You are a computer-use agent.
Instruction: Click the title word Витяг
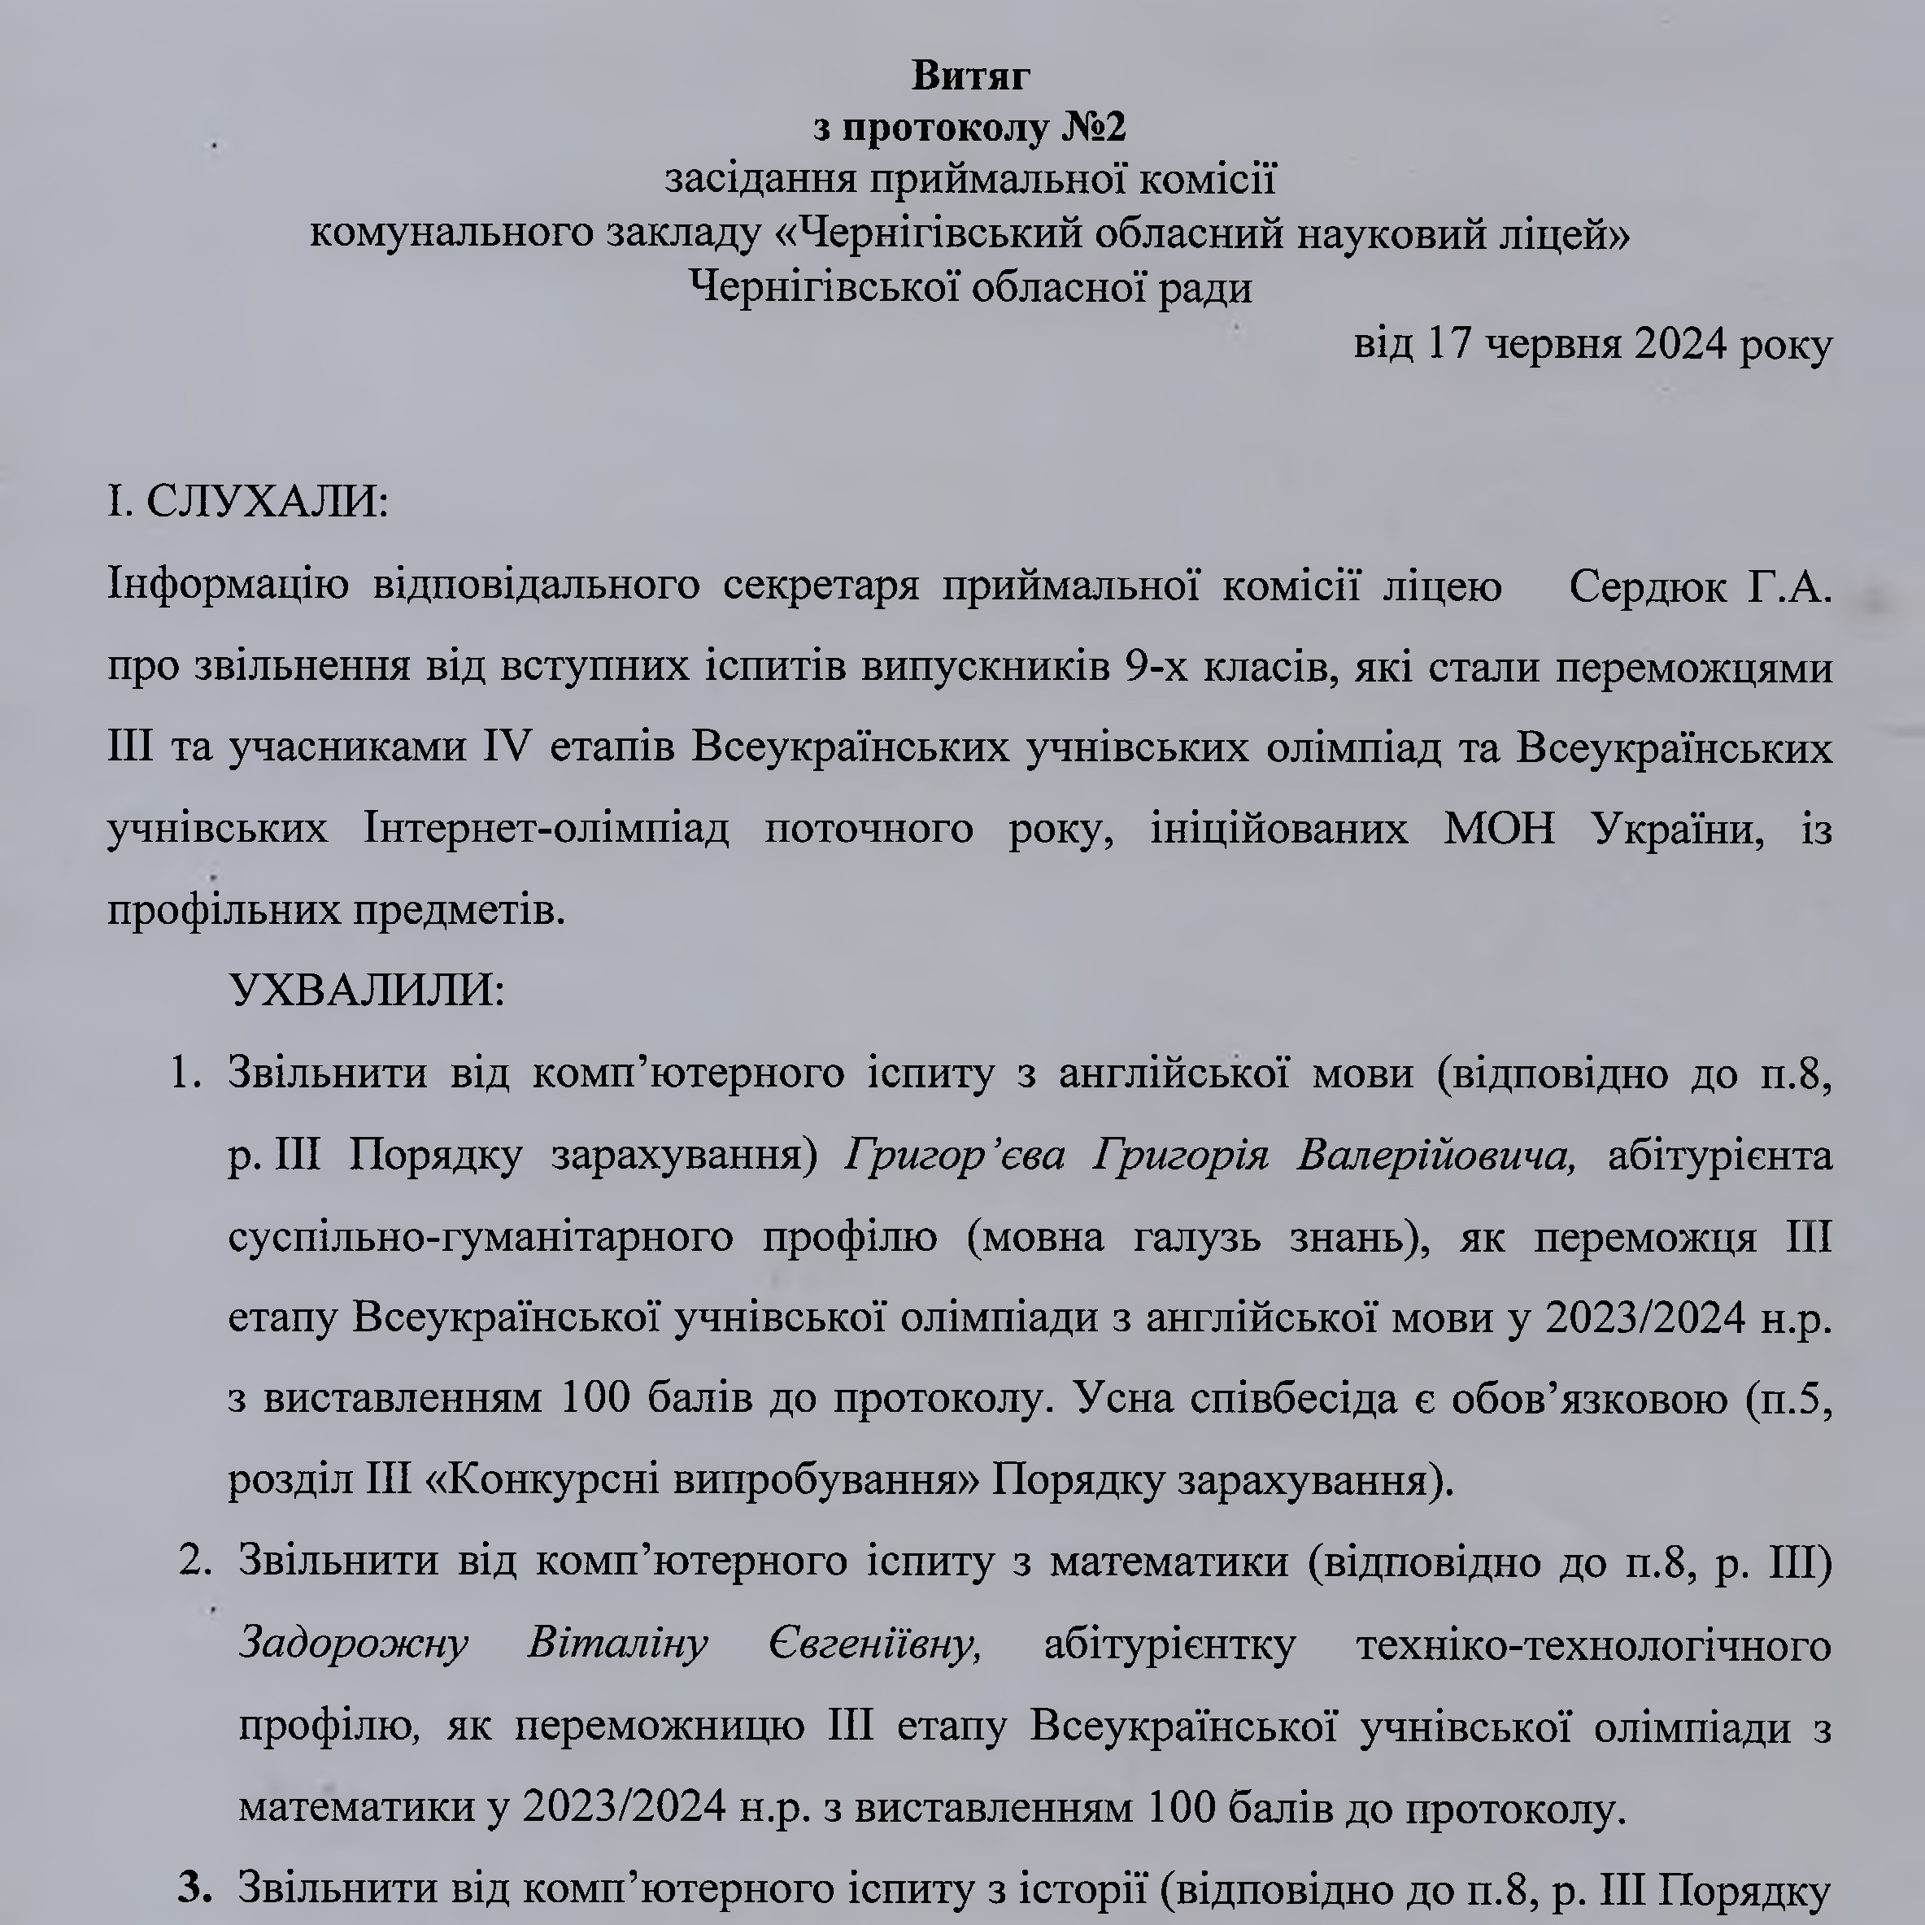969,76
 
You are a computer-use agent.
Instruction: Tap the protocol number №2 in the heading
1092,128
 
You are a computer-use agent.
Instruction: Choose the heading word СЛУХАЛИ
266,501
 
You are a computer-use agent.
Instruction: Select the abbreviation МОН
1499,829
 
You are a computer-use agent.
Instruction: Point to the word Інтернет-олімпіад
546,829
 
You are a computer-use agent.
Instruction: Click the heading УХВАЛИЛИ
366,991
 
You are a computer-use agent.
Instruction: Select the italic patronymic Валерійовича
1435,1156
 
